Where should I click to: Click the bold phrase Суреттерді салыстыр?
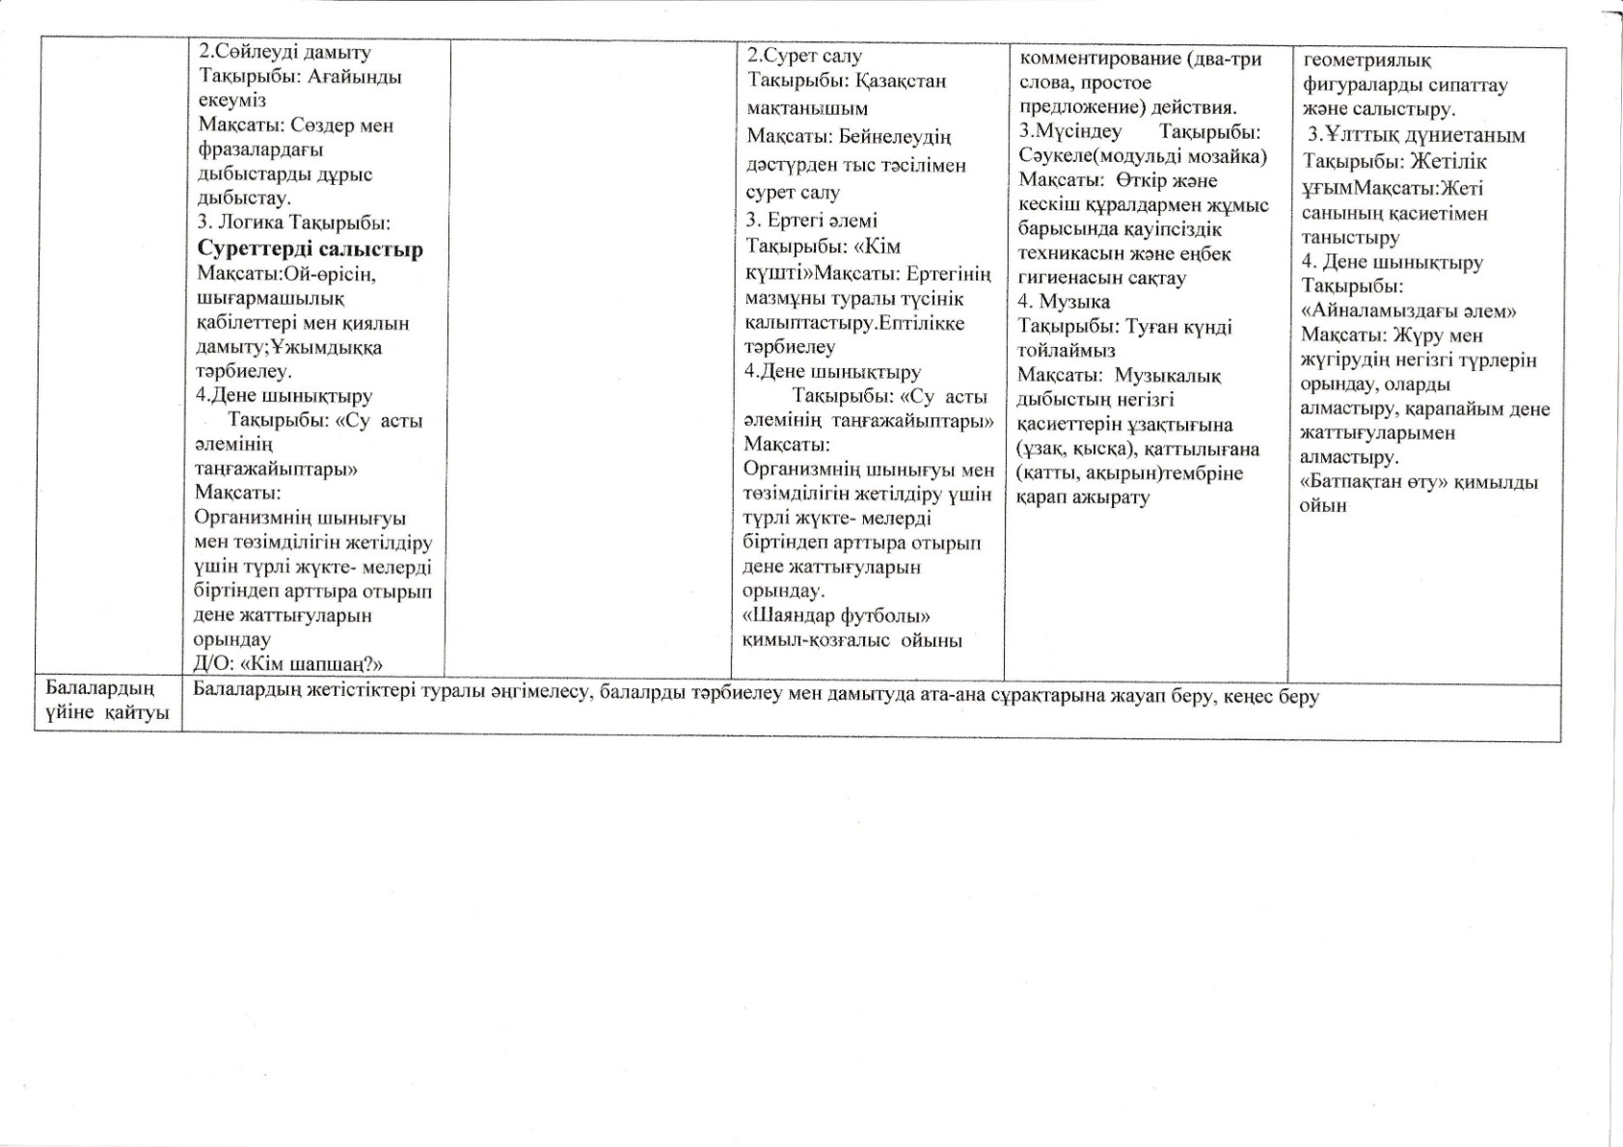point(310,249)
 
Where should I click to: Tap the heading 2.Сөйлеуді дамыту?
point(284,52)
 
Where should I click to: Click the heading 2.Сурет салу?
point(804,56)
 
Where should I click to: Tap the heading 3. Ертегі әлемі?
point(812,220)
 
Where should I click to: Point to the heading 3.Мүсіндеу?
point(1060,131)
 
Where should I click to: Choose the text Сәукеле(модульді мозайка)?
point(1143,156)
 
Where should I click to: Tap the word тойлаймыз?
point(1067,351)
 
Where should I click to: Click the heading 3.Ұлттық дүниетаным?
point(1416,135)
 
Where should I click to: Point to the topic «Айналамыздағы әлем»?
point(1409,311)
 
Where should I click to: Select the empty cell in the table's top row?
point(588,357)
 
